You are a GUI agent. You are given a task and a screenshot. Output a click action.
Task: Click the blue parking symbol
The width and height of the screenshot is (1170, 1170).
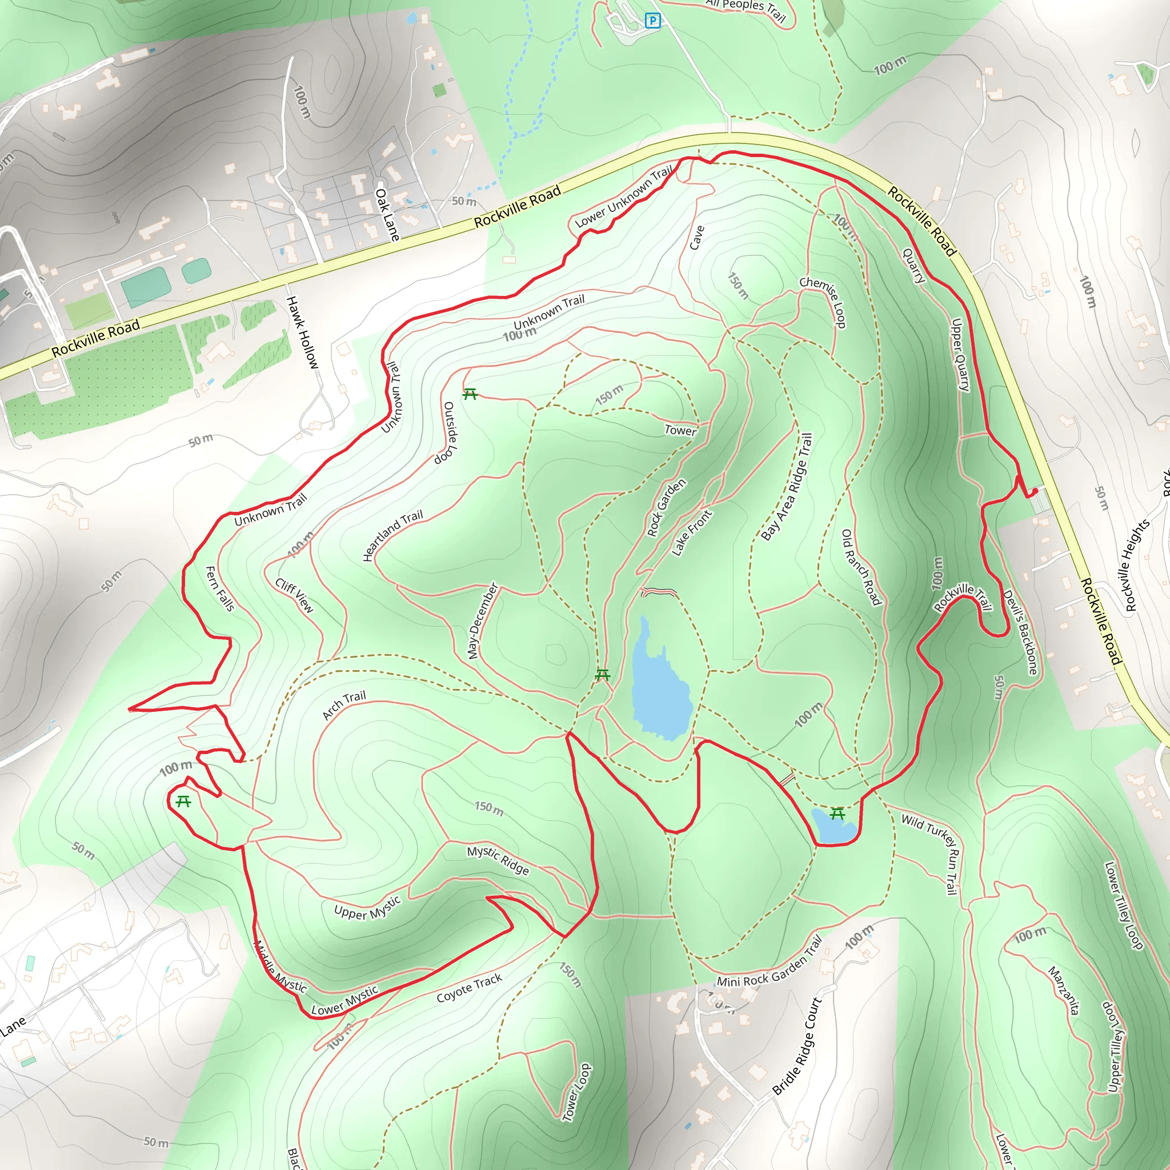(x=652, y=21)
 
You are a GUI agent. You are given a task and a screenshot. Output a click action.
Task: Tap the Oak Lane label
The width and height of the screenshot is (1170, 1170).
(x=387, y=214)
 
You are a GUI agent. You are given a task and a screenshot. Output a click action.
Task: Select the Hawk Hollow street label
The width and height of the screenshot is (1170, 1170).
(x=302, y=332)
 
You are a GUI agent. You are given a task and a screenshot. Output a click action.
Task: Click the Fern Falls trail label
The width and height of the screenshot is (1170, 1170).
(x=219, y=588)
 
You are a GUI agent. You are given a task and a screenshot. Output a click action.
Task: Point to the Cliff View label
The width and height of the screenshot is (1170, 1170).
(x=294, y=595)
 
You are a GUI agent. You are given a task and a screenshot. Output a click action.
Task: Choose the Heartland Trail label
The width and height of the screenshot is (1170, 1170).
(x=392, y=535)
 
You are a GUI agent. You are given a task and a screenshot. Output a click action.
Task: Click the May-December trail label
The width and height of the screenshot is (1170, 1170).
(x=482, y=621)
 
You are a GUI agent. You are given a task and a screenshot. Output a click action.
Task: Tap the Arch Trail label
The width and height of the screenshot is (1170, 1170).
(x=344, y=705)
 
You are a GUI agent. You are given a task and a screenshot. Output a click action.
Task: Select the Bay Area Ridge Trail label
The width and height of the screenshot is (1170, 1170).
(x=787, y=486)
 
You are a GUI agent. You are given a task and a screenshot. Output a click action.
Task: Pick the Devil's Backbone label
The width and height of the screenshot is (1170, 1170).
(x=1020, y=632)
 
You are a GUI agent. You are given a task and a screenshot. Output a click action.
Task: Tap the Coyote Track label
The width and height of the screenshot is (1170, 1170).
(x=470, y=988)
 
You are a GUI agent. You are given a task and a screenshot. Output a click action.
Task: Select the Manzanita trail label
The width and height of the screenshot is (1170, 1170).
(x=1064, y=990)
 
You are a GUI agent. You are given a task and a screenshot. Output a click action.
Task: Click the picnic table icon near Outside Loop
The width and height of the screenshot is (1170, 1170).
(x=470, y=395)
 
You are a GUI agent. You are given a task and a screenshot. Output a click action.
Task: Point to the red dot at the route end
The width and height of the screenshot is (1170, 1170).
(x=1036, y=491)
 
